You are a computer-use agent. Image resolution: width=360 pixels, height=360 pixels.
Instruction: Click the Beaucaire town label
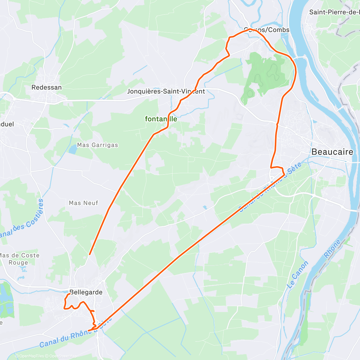332,152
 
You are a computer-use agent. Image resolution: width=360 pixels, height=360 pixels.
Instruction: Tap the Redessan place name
46,88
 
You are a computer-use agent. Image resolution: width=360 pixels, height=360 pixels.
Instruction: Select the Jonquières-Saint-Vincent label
166,91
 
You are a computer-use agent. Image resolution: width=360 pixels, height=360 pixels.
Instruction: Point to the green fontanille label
161,119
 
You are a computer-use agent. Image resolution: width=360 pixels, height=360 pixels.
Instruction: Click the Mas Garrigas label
97,145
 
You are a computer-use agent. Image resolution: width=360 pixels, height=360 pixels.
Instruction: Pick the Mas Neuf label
83,203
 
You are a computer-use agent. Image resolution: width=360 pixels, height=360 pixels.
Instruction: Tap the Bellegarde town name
86,292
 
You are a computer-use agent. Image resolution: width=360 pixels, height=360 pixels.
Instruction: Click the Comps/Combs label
267,30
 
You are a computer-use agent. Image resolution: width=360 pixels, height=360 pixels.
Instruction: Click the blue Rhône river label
332,249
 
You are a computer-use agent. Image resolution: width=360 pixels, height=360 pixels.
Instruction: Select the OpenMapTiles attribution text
31,356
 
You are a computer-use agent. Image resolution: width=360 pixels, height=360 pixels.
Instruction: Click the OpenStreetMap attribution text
63,356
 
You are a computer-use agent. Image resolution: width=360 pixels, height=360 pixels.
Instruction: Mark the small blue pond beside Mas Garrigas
73,149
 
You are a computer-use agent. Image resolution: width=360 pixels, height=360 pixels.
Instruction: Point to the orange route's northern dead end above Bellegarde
89,254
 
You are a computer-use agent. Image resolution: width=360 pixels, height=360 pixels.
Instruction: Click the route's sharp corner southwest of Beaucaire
284,174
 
